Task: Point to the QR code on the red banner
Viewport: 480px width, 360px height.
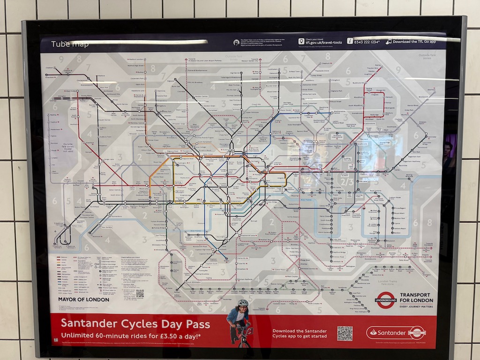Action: click(x=345, y=333)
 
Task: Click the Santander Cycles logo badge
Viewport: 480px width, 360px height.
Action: click(x=396, y=333)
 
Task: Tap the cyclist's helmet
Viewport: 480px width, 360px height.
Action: click(x=242, y=303)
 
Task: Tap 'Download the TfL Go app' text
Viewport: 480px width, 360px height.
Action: click(x=418, y=41)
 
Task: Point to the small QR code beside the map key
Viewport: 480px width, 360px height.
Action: click(x=140, y=293)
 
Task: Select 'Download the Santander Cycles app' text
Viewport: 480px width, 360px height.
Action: click(x=299, y=333)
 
